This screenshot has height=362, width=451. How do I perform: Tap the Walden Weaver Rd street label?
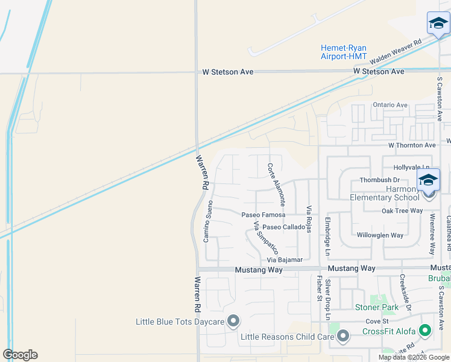pyautogui.click(x=396, y=53)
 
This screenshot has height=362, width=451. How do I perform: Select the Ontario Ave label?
pyautogui.click(x=390, y=105)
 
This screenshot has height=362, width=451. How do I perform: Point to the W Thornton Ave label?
pyautogui.click(x=412, y=145)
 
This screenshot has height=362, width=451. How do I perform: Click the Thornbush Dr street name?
pyautogui.click(x=380, y=180)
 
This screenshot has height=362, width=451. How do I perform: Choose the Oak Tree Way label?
pyautogui.click(x=402, y=211)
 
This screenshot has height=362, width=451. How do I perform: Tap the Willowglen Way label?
pyautogui.click(x=380, y=235)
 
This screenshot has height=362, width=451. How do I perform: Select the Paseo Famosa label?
pyautogui.click(x=263, y=215)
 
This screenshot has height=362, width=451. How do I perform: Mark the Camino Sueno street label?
pyautogui.click(x=209, y=221)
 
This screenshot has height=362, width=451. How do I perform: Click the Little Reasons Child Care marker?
pyautogui.click(x=343, y=336)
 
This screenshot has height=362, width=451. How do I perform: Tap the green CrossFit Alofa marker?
pyautogui.click(x=425, y=331)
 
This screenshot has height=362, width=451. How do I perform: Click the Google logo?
pyautogui.click(x=20, y=355)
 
